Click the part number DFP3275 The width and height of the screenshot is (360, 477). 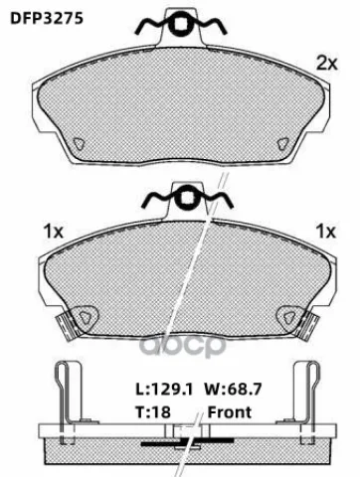pyautogui.click(x=47, y=19)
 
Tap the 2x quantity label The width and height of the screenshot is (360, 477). pyautogui.click(x=327, y=63)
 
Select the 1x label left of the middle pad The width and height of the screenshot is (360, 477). pyautogui.click(x=54, y=232)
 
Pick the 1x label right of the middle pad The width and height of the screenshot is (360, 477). pyautogui.click(x=326, y=232)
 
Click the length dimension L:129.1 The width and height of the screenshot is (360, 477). pyautogui.click(x=164, y=389)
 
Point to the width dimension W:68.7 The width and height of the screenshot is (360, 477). pyautogui.click(x=233, y=389)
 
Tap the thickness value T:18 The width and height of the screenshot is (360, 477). pyautogui.click(x=153, y=412)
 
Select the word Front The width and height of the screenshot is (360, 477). pyautogui.click(x=230, y=412)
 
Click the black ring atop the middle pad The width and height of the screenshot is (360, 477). pyautogui.click(x=188, y=200)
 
